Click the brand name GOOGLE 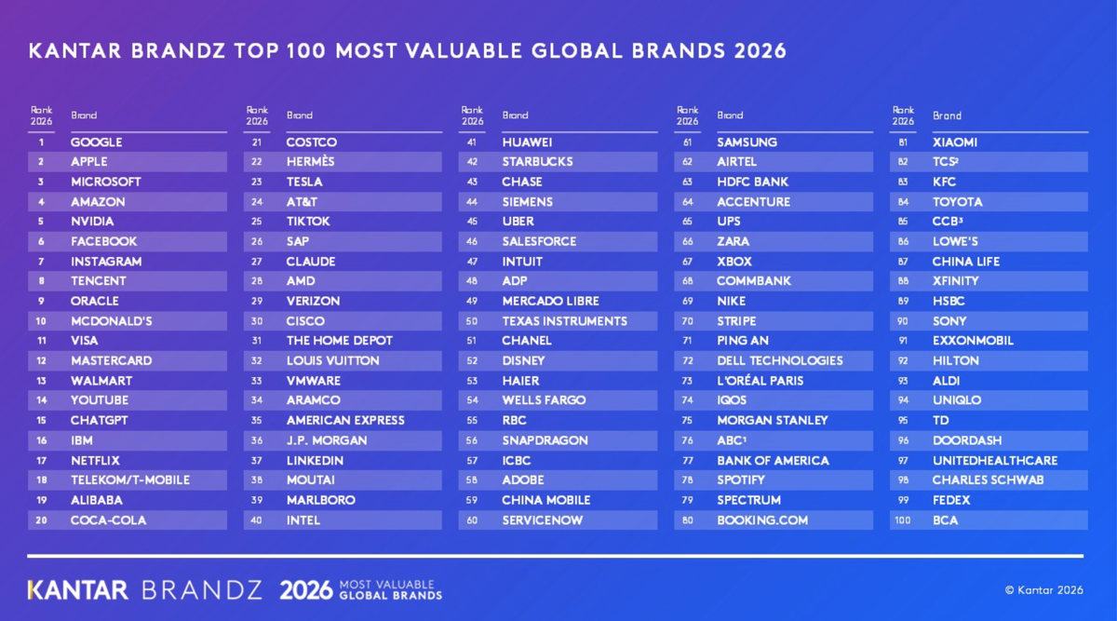point(96,142)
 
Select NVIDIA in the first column point(92,222)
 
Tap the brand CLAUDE point(311,262)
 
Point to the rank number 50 point(472,321)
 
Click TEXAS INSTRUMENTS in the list point(564,321)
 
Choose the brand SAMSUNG point(747,142)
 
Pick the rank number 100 point(903,520)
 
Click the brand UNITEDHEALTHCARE point(995,460)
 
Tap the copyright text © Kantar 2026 point(1043,590)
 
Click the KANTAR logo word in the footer point(78,590)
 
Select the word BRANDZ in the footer point(202,590)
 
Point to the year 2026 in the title point(760,51)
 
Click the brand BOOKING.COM point(762,520)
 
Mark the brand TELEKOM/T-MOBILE point(130,479)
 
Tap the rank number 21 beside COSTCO point(257,142)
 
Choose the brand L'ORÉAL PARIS point(760,381)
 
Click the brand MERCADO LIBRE point(550,302)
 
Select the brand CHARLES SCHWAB point(988,479)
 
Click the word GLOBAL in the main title point(577,51)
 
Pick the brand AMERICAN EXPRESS point(345,421)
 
